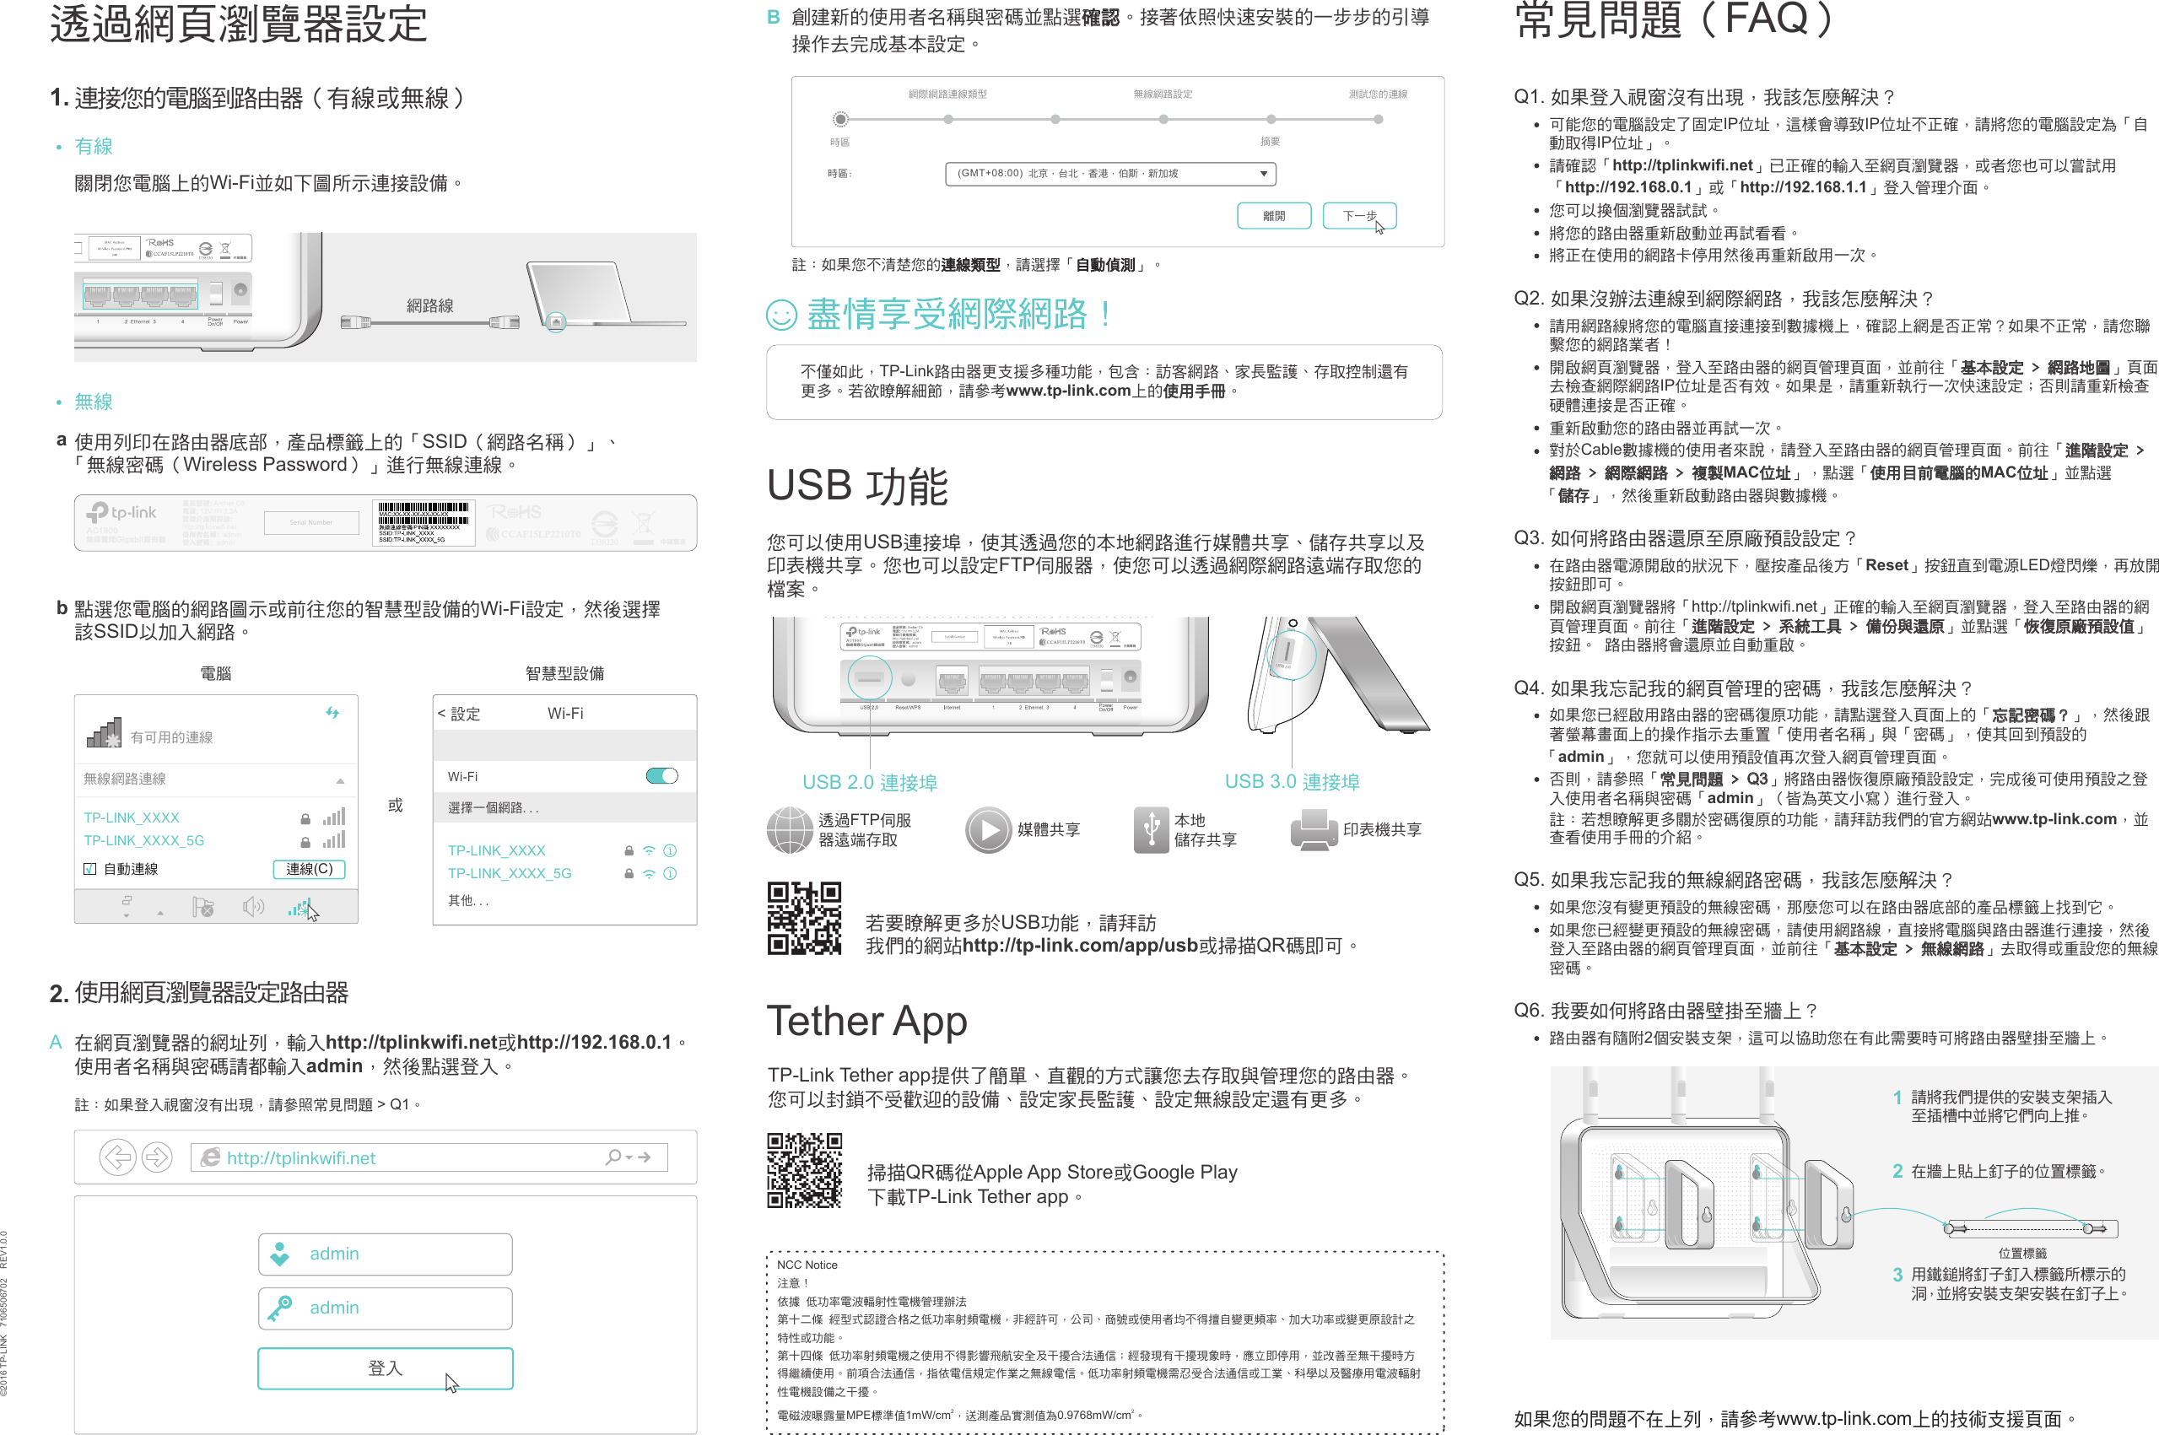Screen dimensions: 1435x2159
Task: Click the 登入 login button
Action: point(385,1368)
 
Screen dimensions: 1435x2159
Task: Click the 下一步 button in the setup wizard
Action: point(1359,216)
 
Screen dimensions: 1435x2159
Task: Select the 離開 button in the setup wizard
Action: point(1273,216)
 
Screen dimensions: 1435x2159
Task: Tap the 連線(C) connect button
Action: point(309,868)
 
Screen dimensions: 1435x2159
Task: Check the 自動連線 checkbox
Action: point(89,868)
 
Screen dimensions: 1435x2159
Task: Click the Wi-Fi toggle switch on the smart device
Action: point(661,776)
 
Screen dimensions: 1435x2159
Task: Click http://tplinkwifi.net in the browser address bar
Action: point(301,1157)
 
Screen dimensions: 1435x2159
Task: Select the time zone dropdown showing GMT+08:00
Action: point(1109,173)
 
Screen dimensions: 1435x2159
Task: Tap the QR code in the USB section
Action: point(803,919)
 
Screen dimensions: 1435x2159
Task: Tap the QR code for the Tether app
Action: point(803,1170)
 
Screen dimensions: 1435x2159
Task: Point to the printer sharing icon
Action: point(1314,829)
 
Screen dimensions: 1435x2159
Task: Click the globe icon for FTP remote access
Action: point(789,829)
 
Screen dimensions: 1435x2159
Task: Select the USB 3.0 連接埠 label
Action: point(1292,781)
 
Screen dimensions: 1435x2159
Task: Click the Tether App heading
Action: point(866,1021)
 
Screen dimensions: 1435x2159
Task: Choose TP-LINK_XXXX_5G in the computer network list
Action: point(143,840)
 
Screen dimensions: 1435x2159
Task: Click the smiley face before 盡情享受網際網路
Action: point(780,315)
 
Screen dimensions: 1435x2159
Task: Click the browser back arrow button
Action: point(117,1157)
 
